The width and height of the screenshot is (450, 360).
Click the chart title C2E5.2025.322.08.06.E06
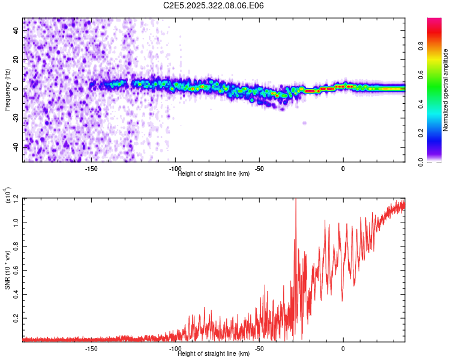214,5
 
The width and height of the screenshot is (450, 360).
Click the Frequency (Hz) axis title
7,90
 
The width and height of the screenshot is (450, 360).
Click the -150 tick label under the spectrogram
91,169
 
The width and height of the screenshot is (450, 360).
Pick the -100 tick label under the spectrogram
175,169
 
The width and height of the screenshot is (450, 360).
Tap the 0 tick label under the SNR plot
343,349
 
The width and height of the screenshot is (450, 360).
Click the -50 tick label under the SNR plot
259,349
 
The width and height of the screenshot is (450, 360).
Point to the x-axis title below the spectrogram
214,174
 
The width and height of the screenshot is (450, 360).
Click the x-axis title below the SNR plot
214,353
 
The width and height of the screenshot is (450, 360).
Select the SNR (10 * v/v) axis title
7,270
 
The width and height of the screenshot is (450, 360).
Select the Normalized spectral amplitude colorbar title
445,90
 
